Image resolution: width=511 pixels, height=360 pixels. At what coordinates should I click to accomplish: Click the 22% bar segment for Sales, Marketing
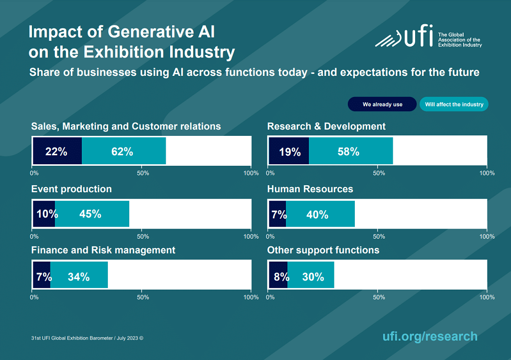pos(57,151)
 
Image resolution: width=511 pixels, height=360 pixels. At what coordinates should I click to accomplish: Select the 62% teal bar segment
pos(123,151)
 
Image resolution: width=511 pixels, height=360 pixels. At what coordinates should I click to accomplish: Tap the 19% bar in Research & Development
pos(289,151)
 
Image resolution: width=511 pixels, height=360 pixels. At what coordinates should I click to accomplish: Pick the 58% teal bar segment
pos(350,151)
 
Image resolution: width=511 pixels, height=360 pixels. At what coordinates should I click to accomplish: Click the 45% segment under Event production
pos(92,214)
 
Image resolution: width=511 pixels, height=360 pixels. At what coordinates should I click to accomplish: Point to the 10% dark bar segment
pos(44,214)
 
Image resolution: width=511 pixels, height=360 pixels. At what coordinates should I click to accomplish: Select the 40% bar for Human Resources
pos(320,214)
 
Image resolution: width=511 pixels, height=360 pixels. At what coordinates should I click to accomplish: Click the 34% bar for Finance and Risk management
pos(79,276)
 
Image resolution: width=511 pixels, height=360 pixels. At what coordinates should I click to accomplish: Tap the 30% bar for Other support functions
pos(310,276)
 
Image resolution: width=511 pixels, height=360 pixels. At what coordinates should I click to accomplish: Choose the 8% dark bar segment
pos(278,276)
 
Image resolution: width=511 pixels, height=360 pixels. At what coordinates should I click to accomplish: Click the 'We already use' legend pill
pos(382,104)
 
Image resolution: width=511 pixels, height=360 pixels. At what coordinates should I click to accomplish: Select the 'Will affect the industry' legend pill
pos(454,104)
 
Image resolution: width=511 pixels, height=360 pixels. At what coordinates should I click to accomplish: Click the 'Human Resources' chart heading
pos(310,189)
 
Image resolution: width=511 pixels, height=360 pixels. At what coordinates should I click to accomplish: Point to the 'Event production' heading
pos(71,189)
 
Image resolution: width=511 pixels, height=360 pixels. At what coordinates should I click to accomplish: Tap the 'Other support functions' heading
pos(323,250)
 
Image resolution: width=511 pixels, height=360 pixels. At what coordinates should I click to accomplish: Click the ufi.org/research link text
pos(430,336)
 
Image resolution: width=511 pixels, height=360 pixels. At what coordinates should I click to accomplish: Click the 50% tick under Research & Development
pos(379,173)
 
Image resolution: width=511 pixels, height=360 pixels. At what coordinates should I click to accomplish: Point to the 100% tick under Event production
pos(251,236)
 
